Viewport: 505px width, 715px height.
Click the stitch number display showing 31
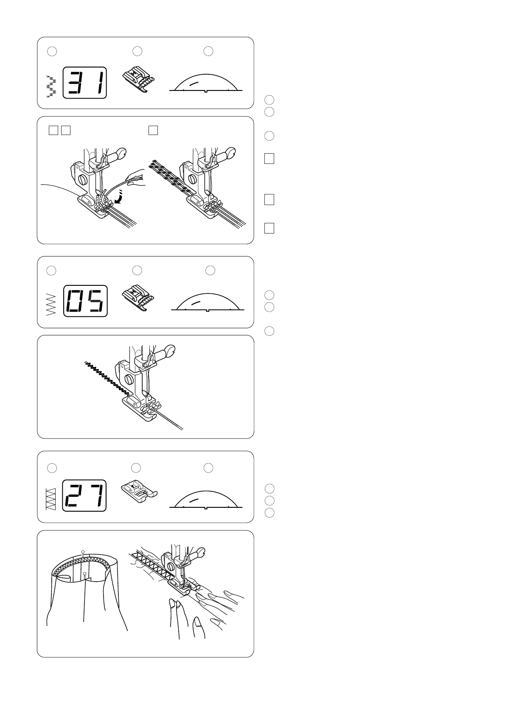(84, 83)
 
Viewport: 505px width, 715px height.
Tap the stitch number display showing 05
(85, 301)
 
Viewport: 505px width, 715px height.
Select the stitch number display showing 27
(84, 496)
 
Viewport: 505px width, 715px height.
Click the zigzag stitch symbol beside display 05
(51, 304)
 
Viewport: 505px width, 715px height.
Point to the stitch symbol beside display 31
(51, 86)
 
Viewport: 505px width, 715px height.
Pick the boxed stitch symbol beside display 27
(51, 499)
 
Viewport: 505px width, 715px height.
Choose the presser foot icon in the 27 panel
(139, 493)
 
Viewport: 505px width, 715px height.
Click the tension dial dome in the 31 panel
(206, 83)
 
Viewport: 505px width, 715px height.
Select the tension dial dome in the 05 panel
(208, 302)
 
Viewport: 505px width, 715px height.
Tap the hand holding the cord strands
(135, 177)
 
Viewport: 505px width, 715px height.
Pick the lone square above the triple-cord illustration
(153, 130)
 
